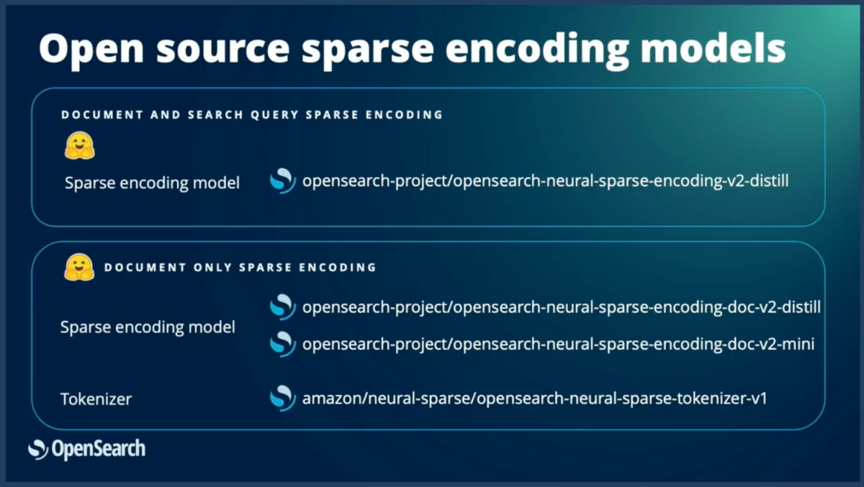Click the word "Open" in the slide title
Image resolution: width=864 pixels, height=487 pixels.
point(92,49)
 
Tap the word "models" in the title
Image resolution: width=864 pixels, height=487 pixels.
point(713,47)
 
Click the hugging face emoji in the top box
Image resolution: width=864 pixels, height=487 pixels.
point(79,145)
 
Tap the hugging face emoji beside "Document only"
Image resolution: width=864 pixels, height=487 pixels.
point(79,267)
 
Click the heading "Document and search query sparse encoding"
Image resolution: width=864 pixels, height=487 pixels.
point(252,114)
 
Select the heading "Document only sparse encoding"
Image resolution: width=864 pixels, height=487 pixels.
point(240,267)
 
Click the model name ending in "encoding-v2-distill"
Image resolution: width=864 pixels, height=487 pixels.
point(546,181)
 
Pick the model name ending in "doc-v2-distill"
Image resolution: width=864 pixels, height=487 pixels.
point(561,307)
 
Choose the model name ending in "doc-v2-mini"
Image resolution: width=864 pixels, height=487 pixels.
point(558,344)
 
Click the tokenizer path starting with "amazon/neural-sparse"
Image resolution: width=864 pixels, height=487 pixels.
point(534,399)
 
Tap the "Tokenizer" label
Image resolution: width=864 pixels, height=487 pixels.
point(96,399)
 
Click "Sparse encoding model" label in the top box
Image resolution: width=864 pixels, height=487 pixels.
point(152,183)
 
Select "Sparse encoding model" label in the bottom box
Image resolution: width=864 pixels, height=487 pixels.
point(148,327)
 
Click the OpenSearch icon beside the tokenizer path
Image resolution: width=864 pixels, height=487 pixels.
point(283,398)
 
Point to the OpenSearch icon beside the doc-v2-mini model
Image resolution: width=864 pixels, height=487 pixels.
point(283,344)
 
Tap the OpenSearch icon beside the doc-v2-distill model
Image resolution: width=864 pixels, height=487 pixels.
point(283,307)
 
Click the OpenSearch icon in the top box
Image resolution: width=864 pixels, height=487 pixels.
point(283,181)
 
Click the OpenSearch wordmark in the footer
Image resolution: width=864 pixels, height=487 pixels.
point(87,450)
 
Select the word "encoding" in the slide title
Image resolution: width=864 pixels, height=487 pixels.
point(537,50)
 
